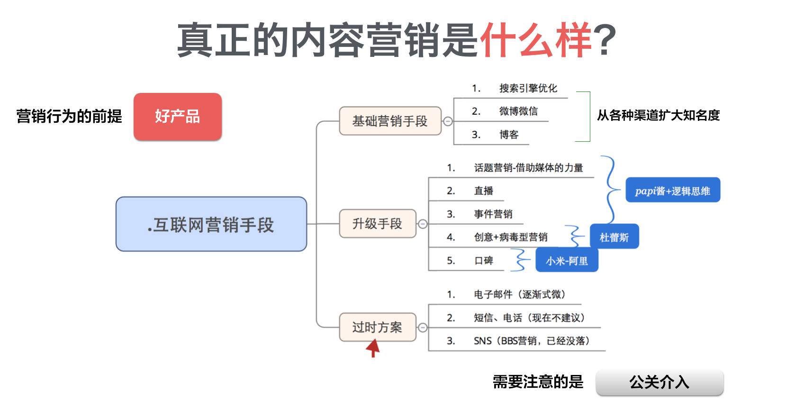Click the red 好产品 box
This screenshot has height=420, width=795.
(177, 116)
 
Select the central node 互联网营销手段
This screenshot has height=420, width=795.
(211, 224)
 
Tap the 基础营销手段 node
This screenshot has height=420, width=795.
(389, 121)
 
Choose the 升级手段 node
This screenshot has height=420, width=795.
(377, 224)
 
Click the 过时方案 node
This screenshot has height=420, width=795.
(377, 327)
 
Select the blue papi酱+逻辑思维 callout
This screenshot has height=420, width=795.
(672, 191)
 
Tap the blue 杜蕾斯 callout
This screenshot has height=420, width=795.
(614, 237)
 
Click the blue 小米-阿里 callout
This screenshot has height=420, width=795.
(567, 261)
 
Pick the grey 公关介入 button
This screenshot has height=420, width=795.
(659, 382)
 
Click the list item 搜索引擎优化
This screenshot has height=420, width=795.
(528, 88)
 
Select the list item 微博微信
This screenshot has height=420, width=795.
(518, 111)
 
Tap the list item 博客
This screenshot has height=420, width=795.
(509, 135)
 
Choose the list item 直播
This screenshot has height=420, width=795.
(484, 191)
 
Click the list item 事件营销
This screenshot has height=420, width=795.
(493, 214)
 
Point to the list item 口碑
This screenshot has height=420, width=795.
(484, 260)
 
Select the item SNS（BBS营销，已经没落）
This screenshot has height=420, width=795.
(531, 341)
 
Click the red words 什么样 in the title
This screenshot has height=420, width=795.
(536, 40)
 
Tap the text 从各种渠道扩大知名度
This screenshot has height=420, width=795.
(658, 115)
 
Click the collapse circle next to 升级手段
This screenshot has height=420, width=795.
(423, 224)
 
